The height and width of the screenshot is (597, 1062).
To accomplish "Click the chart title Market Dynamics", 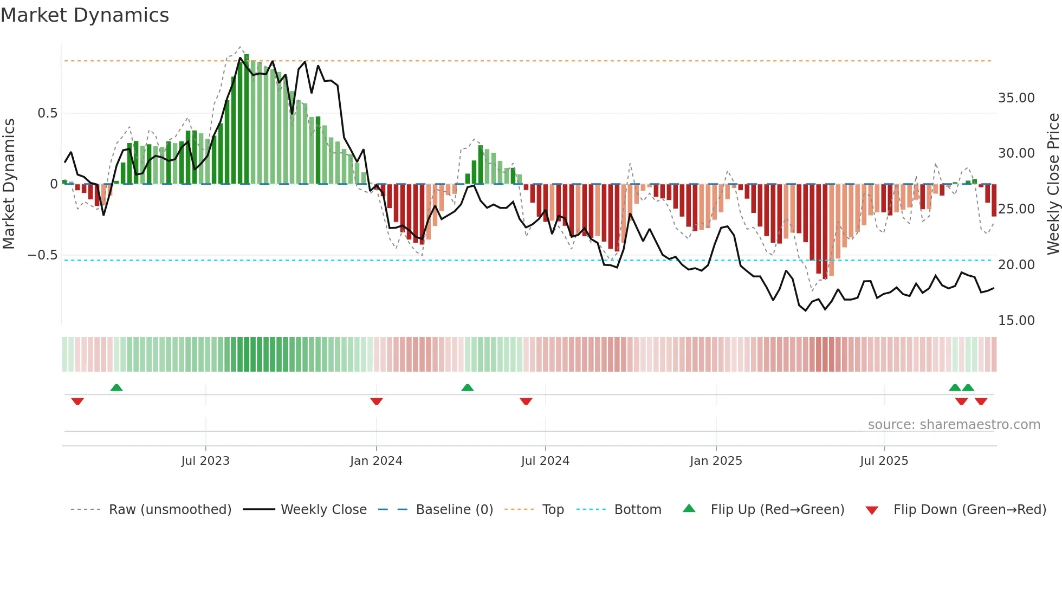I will [85, 15].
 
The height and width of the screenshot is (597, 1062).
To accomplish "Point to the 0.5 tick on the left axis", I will [47, 113].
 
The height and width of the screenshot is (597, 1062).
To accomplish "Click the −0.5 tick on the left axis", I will [43, 255].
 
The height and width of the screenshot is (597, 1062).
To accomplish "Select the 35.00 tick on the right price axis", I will [1016, 98].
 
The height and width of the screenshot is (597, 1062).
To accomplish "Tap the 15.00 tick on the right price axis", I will [1016, 321].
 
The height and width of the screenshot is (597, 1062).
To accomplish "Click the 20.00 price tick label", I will [1016, 265].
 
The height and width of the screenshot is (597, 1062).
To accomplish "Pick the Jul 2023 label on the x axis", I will [205, 461].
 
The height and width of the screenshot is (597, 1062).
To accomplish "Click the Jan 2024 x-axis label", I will [376, 461].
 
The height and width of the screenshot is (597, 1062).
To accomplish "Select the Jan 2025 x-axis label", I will [716, 461].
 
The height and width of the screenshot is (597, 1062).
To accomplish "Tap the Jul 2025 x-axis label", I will [884, 461].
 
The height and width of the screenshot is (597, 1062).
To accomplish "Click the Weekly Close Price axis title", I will [1053, 184].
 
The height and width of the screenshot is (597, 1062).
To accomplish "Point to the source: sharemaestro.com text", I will [954, 425].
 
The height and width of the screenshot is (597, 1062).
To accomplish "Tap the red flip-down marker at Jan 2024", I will [377, 401].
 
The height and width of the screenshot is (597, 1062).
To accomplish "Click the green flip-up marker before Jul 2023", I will [116, 387].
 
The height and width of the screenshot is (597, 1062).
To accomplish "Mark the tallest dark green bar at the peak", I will [247, 119].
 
